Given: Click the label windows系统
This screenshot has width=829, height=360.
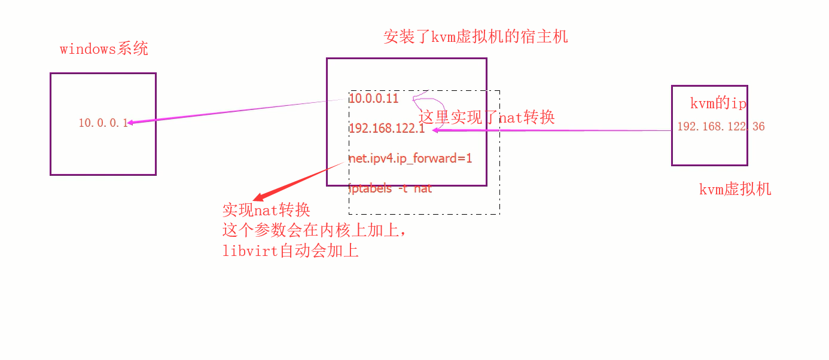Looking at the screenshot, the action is pos(104,49).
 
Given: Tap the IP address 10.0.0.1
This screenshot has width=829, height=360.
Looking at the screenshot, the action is pos(103,123).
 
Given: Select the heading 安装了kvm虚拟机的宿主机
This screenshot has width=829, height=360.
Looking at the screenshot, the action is pos(476,37).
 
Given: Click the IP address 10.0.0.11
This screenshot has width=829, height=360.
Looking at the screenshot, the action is pos(374,99).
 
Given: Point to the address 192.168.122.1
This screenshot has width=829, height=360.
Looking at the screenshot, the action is pos(386,129).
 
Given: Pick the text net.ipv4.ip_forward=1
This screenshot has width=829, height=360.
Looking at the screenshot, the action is pos(410,158).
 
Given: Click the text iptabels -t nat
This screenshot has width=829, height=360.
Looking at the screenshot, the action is pos(391,188).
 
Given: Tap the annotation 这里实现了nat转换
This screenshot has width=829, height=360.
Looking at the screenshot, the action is pos(487,117).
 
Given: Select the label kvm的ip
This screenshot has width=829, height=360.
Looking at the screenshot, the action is pos(718,103).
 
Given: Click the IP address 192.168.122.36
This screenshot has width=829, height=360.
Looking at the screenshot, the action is pos(721,127).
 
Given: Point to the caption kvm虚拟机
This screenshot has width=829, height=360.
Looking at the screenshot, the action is pos(735,190).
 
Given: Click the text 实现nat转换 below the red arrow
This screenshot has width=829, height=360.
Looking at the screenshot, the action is pos(266,210).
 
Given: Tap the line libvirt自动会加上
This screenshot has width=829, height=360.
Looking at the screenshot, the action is pos(290,251).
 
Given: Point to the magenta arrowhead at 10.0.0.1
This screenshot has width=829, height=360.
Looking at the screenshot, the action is pos(131,122).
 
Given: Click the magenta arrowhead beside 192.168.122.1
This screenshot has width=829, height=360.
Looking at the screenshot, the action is pos(435,130).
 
